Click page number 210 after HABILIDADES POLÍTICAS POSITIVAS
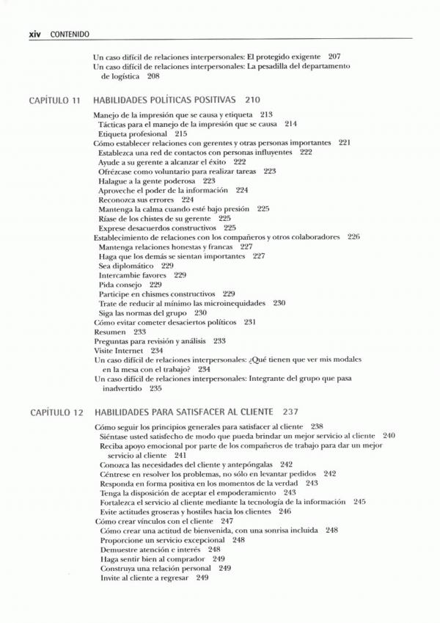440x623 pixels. [252, 99]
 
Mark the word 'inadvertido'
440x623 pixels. [121, 389]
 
